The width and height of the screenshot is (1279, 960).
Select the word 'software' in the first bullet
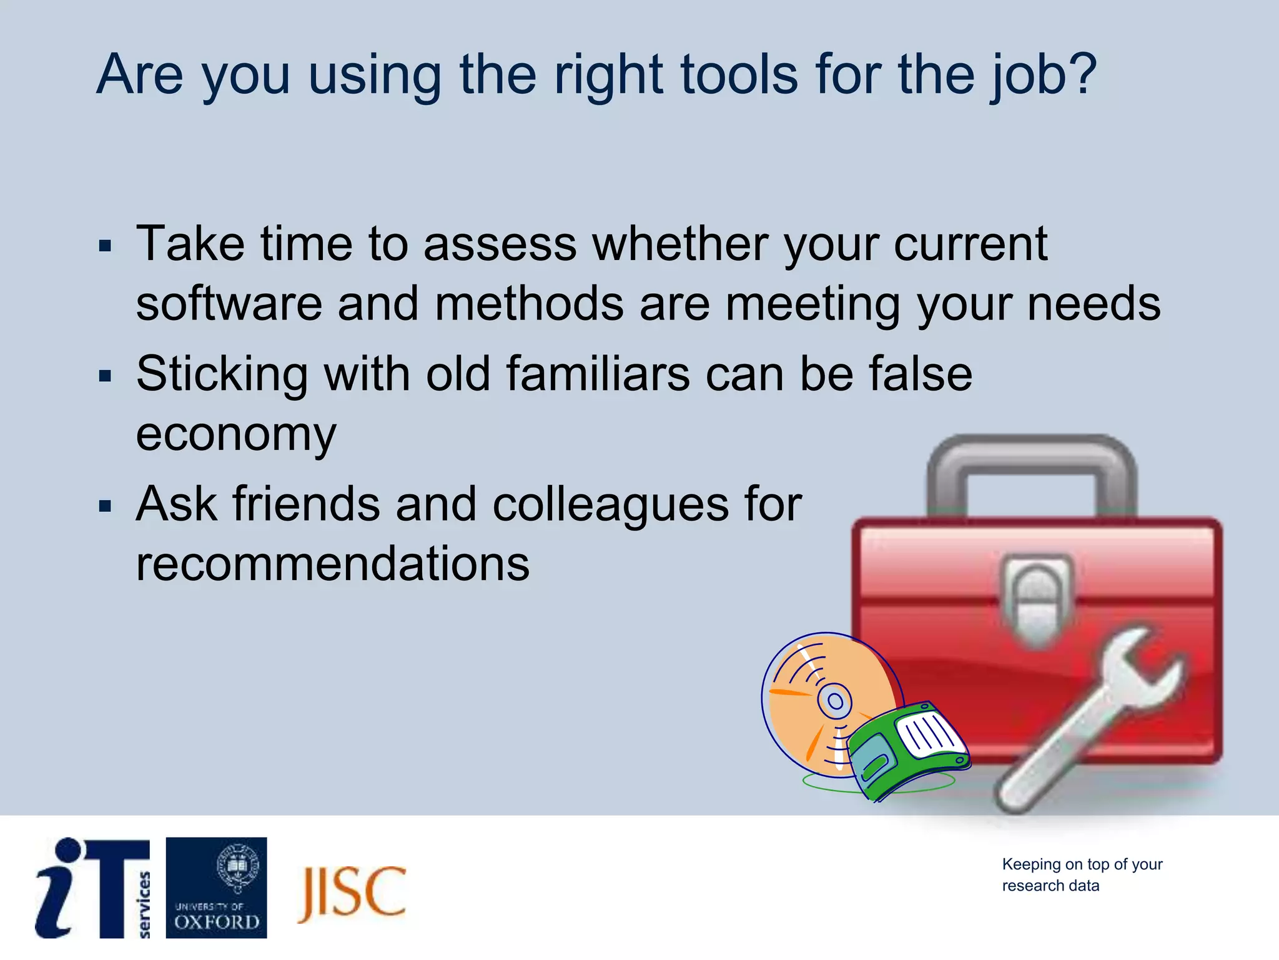[229, 304]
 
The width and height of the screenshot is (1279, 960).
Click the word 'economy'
[235, 435]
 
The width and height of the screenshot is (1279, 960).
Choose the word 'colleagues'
[610, 504]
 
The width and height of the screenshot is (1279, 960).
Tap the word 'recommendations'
[332, 564]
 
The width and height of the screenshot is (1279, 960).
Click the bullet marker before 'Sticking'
[105, 376]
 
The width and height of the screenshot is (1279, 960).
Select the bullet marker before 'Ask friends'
[105, 506]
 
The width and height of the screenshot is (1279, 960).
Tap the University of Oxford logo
[216, 887]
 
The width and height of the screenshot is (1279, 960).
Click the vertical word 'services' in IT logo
[144, 904]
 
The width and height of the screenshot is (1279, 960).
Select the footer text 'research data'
[1050, 886]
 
